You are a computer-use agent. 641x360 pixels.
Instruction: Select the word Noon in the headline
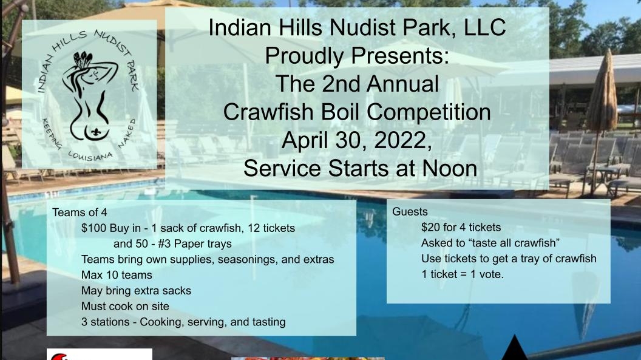447,168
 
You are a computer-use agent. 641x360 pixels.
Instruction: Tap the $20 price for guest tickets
432,228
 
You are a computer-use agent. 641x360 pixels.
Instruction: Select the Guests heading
410,212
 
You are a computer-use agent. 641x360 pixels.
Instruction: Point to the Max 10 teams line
117,275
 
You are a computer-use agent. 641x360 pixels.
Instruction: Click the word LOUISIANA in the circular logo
90,152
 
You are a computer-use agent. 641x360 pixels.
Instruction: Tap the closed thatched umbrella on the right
602,97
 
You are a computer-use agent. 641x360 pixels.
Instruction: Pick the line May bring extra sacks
136,290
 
